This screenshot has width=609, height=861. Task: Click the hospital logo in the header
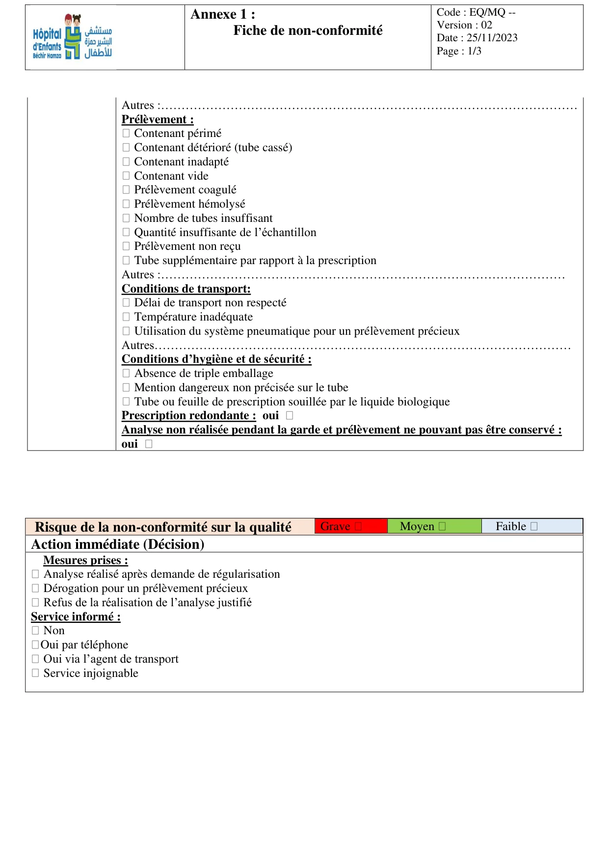coord(73,37)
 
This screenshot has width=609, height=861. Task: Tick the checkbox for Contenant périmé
coord(126,133)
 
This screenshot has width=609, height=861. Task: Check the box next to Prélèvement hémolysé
coord(126,204)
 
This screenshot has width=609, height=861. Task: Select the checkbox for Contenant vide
coord(126,176)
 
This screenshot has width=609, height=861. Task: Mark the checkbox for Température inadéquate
coord(126,317)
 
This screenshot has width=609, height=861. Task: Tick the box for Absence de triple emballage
coord(126,373)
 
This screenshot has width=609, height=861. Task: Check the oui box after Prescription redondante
coord(290,415)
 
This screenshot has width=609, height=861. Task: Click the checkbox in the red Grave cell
coord(358,526)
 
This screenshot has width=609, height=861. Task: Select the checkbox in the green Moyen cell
coord(442,526)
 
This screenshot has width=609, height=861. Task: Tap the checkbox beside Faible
coord(534,526)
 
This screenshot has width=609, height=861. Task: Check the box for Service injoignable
coord(35,673)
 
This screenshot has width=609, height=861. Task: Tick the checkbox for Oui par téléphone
coord(35,645)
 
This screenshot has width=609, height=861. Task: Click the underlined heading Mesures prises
coord(85,560)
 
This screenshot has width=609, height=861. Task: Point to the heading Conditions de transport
coord(186,289)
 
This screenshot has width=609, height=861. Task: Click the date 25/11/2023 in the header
coord(492,38)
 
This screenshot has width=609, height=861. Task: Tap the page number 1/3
coord(474,51)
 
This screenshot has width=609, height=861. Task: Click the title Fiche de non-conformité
coord(308,30)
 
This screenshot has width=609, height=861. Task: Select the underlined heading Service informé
coord(76,617)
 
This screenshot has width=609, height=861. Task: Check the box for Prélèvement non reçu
coord(126,246)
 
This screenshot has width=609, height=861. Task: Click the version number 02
coord(486,25)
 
